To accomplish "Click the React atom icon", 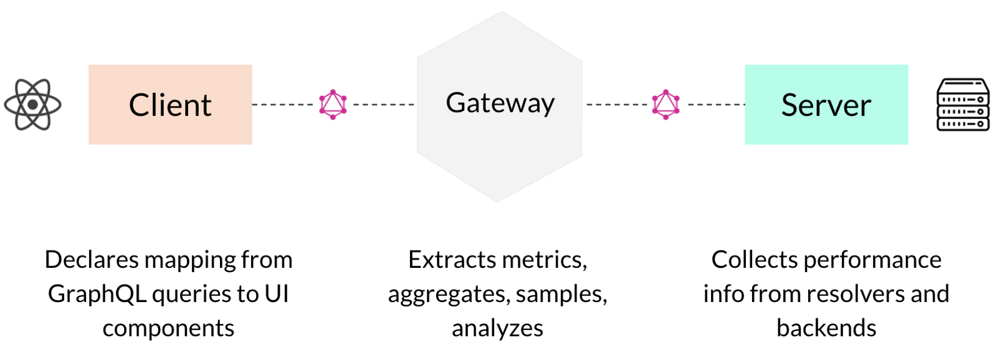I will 32,105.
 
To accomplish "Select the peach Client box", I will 170,105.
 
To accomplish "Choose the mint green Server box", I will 826,105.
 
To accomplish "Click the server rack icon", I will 963,105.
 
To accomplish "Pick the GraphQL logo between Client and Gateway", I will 333,105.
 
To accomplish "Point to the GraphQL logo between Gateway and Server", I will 665,105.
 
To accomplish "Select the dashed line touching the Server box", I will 717,105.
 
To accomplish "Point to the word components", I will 168,328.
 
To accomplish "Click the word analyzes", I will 497,328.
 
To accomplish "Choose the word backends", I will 826,328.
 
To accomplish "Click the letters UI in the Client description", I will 277,294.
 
